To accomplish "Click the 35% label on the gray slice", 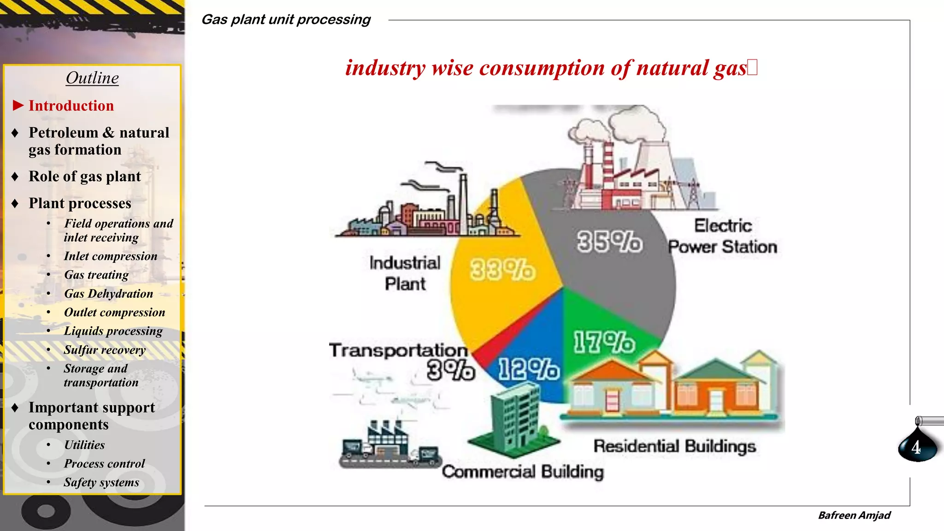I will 609,242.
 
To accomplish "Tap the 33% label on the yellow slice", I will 502,270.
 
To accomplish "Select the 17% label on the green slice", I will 604,342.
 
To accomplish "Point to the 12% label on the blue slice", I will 529,369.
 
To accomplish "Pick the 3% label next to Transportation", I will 450,370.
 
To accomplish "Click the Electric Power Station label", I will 723,236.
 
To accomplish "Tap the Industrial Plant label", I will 405,273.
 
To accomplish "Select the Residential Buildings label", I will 674,446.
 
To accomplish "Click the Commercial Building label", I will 523,472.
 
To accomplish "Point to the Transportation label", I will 398,350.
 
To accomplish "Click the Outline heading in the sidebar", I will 92,78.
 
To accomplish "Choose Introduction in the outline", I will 71,106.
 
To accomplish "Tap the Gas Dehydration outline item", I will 108,294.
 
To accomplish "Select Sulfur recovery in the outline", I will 105,350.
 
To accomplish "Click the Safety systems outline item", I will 101,482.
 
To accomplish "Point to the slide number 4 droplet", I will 917,446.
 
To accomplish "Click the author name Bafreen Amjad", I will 854,515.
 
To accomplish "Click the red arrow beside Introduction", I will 18,106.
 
